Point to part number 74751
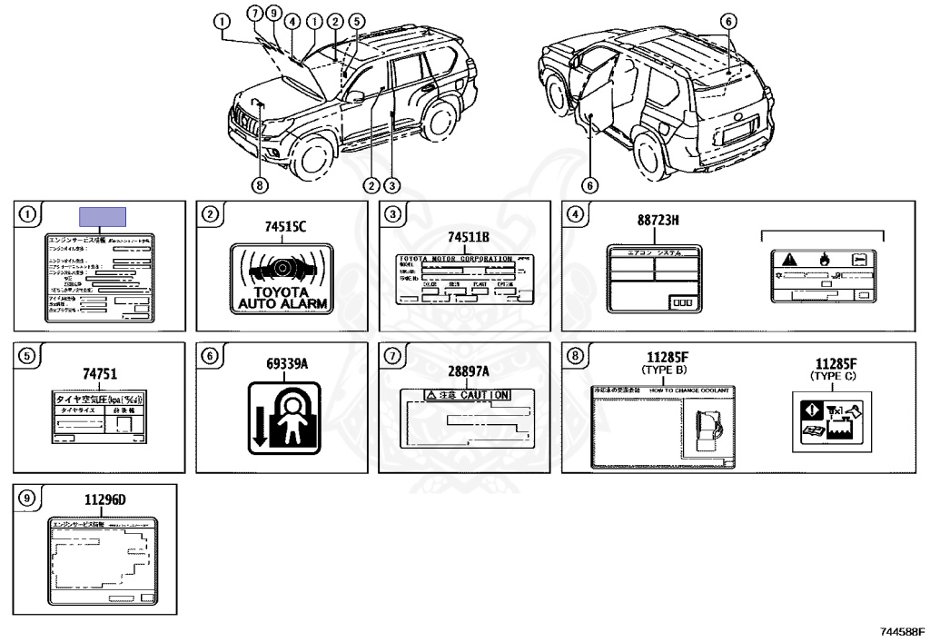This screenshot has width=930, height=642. pos(101,373)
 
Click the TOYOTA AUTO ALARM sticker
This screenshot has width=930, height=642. pos(282,281)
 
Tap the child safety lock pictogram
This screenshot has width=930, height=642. pos(283,416)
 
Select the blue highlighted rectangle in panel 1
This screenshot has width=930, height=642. pos(102,216)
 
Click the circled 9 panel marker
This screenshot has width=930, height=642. pos(27,498)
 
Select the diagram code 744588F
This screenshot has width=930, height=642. pos(901,630)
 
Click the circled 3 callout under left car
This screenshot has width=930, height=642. pos(391,185)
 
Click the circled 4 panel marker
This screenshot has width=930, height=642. pos(573,215)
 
